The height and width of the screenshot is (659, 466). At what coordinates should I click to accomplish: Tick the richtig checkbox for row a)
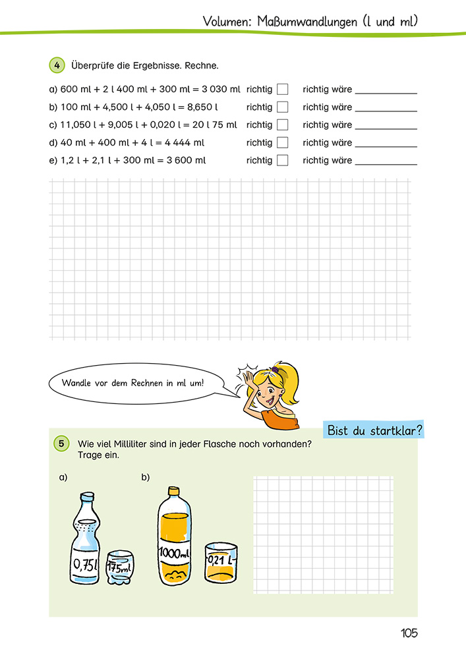282,89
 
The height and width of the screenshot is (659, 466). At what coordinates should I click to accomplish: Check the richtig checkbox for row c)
282,125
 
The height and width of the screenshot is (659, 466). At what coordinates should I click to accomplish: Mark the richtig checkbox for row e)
282,160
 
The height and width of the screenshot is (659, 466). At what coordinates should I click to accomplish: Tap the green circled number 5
60,444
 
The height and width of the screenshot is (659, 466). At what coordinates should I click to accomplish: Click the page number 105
409,633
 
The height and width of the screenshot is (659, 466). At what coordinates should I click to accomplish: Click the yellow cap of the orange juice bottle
174,490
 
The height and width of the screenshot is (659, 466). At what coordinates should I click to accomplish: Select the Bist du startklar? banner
374,431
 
